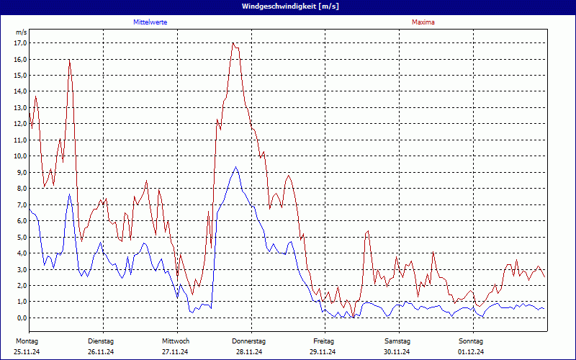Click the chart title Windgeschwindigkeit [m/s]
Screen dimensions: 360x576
[x=287, y=6]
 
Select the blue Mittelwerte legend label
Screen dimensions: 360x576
[x=150, y=22]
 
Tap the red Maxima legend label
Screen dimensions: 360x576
[x=423, y=22]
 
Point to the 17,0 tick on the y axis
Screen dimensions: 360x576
[x=20, y=42]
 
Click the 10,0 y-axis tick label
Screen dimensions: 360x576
[x=20, y=156]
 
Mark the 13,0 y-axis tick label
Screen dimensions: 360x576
[x=20, y=107]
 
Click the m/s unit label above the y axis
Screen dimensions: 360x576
[x=21, y=32]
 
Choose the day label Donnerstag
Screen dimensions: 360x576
[x=248, y=341]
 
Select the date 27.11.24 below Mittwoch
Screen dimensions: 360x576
[x=175, y=351]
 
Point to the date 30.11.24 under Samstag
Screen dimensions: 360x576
[x=397, y=351]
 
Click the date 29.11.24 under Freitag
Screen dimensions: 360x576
[x=323, y=351]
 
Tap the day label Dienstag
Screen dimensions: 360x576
[x=101, y=341]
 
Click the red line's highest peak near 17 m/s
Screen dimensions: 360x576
[x=233, y=43]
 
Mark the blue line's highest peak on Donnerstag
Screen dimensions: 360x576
[x=235, y=167]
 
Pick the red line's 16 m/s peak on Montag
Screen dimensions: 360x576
[x=69, y=60]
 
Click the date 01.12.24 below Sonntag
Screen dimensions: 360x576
[x=470, y=351]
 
